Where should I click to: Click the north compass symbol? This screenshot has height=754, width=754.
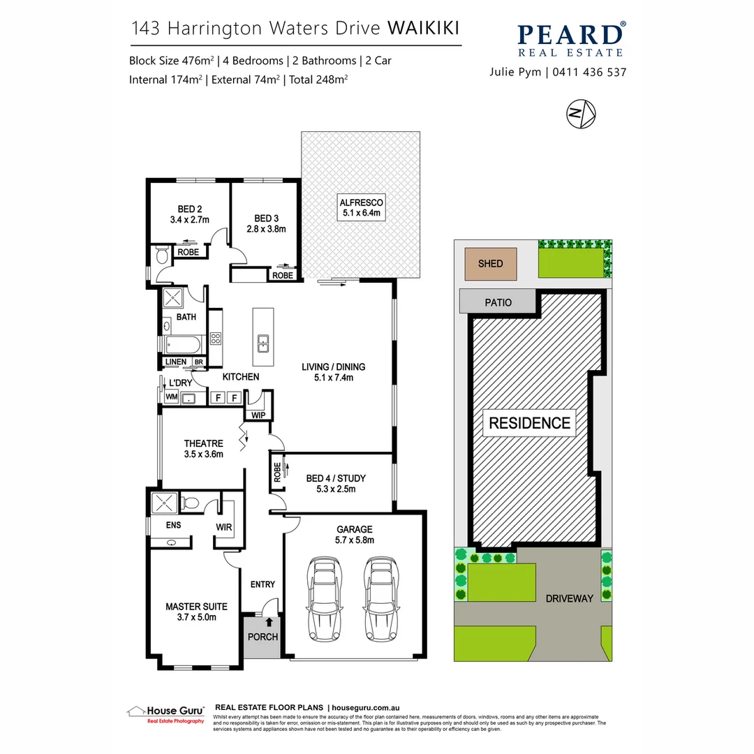coord(581,114)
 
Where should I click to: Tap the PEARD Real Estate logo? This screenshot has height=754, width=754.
coord(571,39)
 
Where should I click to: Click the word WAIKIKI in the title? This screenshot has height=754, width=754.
coord(423,29)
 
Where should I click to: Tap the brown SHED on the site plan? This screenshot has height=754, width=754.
coord(489,264)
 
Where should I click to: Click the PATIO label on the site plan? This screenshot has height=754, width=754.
coord(498,303)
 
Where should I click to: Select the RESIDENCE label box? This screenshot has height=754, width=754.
coord(529,422)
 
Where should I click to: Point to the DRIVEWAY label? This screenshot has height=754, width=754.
coord(569,598)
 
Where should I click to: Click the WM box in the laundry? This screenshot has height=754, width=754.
coord(171,397)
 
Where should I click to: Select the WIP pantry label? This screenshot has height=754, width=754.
coord(258,415)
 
